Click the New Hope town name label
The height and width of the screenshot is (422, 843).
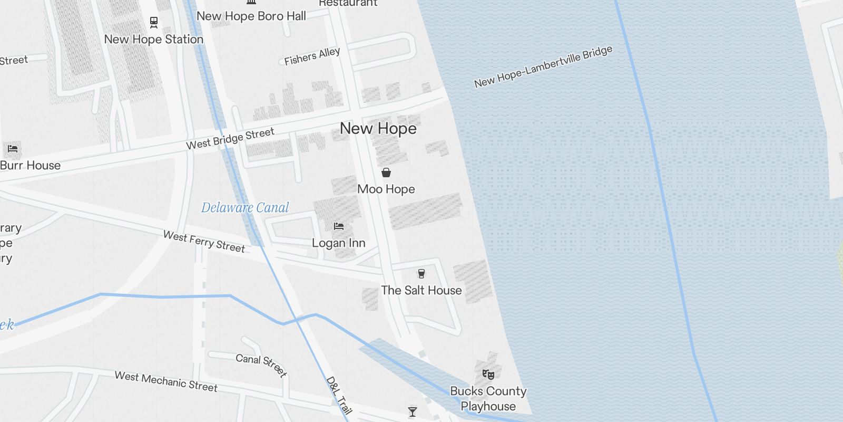click(378, 128)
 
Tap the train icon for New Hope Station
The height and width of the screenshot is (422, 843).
click(153, 23)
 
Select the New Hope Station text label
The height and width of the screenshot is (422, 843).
click(153, 40)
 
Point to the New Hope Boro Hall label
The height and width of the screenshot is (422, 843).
click(251, 16)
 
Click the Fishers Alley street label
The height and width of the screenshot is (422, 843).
click(312, 56)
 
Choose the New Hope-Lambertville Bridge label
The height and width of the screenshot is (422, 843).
click(543, 66)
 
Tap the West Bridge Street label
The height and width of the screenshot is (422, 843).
click(230, 139)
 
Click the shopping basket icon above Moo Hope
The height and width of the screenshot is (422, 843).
click(386, 172)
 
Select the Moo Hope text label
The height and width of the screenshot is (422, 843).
click(386, 189)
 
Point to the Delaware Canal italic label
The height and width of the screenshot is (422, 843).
click(245, 208)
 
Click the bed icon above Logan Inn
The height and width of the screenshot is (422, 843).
click(339, 226)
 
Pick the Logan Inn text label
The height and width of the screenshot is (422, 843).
click(339, 243)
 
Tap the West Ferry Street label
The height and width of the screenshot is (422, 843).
click(204, 242)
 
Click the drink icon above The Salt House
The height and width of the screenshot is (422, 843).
click(421, 273)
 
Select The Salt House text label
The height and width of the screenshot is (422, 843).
click(421, 290)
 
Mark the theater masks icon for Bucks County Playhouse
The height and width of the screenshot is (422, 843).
click(488, 375)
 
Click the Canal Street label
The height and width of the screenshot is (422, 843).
click(261, 365)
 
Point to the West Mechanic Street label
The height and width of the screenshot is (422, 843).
click(166, 382)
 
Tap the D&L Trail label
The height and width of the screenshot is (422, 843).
click(338, 395)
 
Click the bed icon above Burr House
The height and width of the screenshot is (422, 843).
click(13, 149)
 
